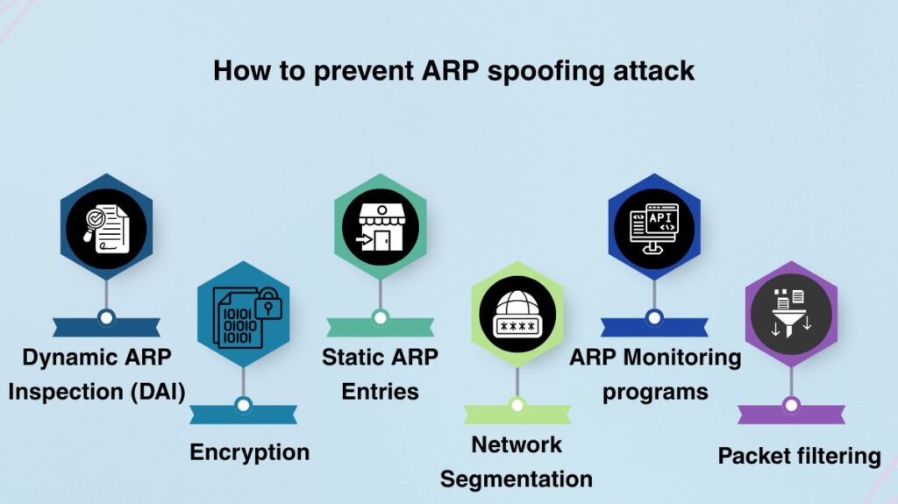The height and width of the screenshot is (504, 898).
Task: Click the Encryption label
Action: coord(250,452)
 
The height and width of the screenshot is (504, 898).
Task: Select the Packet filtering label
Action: coord(799,456)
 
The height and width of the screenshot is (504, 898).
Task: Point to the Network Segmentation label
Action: coord(517,461)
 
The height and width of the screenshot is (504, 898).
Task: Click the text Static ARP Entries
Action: coord(380,373)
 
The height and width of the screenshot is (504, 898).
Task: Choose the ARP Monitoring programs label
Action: coord(655,373)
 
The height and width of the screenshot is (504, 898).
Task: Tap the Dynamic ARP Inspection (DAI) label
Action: coord(97,373)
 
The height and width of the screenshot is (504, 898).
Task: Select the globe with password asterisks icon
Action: coord(517,316)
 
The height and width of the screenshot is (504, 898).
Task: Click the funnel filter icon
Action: coord(791,315)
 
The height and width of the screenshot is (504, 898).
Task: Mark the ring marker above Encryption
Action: coord(244,405)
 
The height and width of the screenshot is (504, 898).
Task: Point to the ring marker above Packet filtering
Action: coord(791,405)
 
